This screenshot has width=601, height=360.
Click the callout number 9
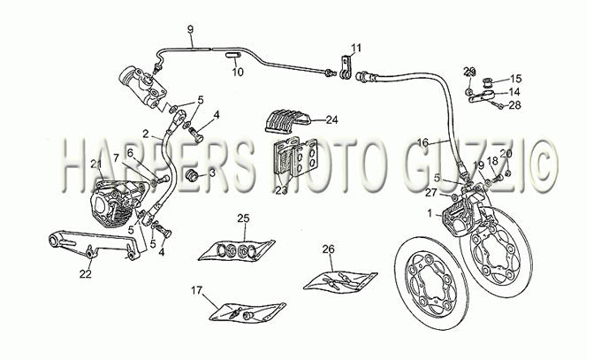(x=191, y=29)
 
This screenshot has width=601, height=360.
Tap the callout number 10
(x=238, y=73)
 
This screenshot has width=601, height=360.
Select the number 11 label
(x=356, y=49)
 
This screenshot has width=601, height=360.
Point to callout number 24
(x=332, y=120)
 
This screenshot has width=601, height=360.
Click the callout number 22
(x=86, y=274)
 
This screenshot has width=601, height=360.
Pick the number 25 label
(x=243, y=218)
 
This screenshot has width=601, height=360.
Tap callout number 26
(x=328, y=249)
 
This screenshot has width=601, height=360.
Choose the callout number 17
(x=196, y=290)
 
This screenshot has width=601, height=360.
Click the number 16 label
(x=422, y=142)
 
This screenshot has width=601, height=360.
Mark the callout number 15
(x=516, y=79)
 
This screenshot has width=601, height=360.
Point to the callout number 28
(x=514, y=105)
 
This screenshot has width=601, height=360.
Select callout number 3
(x=212, y=173)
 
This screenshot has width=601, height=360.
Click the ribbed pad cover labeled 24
(x=287, y=120)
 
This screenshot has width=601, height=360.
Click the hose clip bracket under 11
(x=346, y=68)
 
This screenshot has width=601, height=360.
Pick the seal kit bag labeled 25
(x=237, y=250)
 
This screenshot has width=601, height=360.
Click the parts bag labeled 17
(x=247, y=312)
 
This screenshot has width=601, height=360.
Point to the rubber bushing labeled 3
(x=192, y=175)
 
